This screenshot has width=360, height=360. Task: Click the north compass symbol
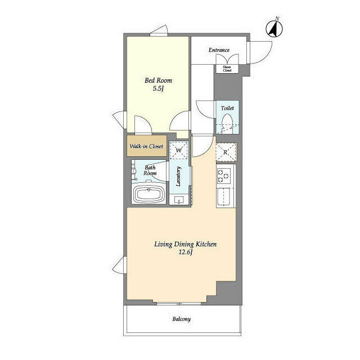point(274,28)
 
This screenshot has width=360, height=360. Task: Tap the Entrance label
point(219,50)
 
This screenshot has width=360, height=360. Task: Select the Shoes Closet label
point(227,69)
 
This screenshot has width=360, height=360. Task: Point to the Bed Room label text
point(158,80)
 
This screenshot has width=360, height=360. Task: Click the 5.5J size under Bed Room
point(158,88)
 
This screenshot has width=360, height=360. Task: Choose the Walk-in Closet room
point(147,146)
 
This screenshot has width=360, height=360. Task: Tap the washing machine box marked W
point(179,150)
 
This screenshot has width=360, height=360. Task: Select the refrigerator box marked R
point(226,152)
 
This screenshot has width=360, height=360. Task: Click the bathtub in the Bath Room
point(148,194)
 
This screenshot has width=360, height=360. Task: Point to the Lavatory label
point(178,176)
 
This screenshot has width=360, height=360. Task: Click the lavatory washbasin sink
point(179,200)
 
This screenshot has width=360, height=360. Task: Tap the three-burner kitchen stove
point(224,175)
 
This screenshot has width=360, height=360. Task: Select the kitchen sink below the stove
point(223,196)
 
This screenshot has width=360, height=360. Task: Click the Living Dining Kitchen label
point(185,244)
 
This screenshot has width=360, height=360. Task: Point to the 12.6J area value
point(185,253)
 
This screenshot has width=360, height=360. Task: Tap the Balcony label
point(181,319)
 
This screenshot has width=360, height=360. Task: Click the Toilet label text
point(227,108)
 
